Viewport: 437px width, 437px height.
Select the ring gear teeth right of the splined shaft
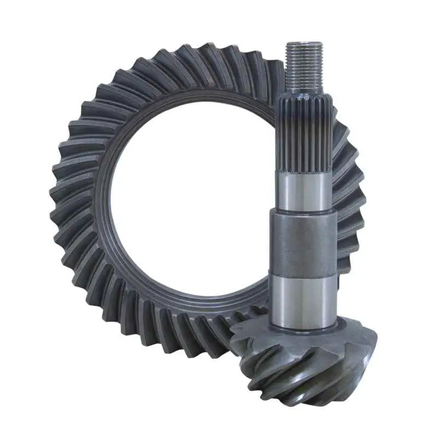coord(344,142)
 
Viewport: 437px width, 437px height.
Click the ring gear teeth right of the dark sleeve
coord(347,240)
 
